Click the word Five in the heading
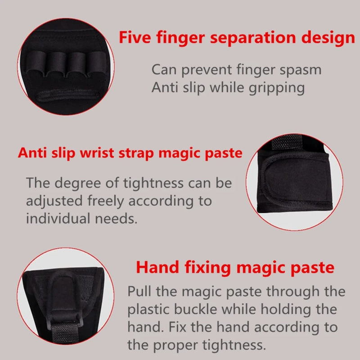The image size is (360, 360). (135, 37)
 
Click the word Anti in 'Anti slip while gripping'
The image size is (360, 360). (164, 88)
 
